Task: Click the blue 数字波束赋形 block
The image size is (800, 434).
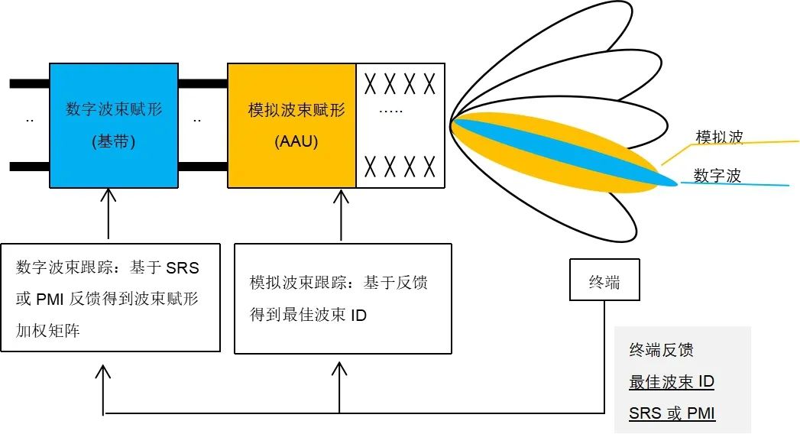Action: click(113, 125)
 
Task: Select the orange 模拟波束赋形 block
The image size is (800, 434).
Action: click(292, 125)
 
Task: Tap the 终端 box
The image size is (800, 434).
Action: click(604, 282)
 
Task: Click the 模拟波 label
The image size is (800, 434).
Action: click(718, 138)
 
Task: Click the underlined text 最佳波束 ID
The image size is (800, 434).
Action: click(671, 382)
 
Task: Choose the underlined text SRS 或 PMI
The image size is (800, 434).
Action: click(672, 413)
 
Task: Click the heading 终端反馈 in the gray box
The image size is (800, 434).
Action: click(661, 351)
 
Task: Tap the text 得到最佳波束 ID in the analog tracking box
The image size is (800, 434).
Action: click(308, 315)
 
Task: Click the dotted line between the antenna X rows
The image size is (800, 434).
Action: click(390, 112)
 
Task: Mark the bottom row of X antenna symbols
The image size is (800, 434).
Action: click(400, 165)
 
